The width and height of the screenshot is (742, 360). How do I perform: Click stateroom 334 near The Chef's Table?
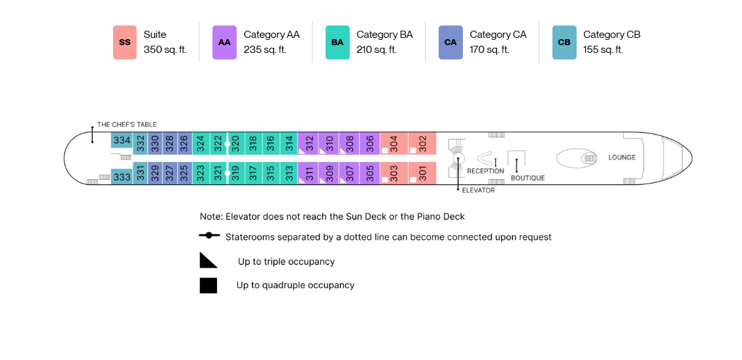pyautogui.click(x=122, y=140)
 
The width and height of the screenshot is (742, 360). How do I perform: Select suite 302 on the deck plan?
pyautogui.click(x=422, y=143)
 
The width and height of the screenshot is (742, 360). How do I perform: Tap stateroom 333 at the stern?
pyautogui.click(x=122, y=177)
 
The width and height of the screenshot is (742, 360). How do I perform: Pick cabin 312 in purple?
pyautogui.click(x=308, y=143)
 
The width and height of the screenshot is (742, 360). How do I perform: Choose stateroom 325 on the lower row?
pyautogui.click(x=184, y=173)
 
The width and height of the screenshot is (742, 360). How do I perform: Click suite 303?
pyautogui.click(x=394, y=173)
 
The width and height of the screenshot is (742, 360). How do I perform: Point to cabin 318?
pyautogui.click(x=253, y=143)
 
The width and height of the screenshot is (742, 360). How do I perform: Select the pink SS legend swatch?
pyautogui.click(x=125, y=42)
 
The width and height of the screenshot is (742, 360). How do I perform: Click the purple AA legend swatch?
pyautogui.click(x=224, y=42)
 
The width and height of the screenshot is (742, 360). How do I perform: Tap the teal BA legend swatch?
pyautogui.click(x=337, y=42)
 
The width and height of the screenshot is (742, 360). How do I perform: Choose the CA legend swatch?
pyautogui.click(x=450, y=42)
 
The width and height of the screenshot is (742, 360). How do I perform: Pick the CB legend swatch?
pyautogui.click(x=564, y=42)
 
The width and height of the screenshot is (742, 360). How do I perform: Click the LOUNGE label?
pyautogui.click(x=622, y=157)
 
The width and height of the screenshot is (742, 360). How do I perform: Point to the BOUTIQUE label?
pyautogui.click(x=528, y=178)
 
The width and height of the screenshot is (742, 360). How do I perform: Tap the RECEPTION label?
pyautogui.click(x=486, y=171)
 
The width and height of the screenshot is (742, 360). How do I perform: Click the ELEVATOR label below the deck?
pyautogui.click(x=478, y=190)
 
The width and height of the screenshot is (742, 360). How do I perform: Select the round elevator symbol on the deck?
pyautogui.click(x=458, y=159)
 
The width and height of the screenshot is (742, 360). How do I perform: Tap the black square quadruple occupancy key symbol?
pyautogui.click(x=208, y=286)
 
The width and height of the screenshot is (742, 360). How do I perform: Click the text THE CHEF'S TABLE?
pyautogui.click(x=127, y=124)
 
